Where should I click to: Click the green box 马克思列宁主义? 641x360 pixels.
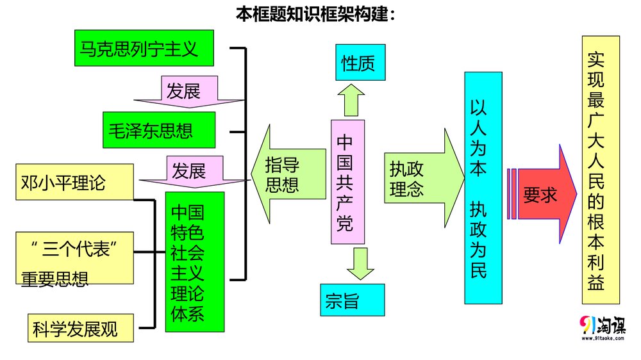144,48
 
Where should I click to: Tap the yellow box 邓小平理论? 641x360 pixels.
74,183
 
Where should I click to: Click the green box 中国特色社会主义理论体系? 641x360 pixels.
195,262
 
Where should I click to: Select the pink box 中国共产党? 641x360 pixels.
347,181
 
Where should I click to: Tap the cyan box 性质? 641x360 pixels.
360,62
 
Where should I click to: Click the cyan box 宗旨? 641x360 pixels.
353,300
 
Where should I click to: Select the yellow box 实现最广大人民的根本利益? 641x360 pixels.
600,170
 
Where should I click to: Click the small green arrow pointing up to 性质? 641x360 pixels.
351,99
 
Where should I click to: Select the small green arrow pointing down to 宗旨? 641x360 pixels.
360,263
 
